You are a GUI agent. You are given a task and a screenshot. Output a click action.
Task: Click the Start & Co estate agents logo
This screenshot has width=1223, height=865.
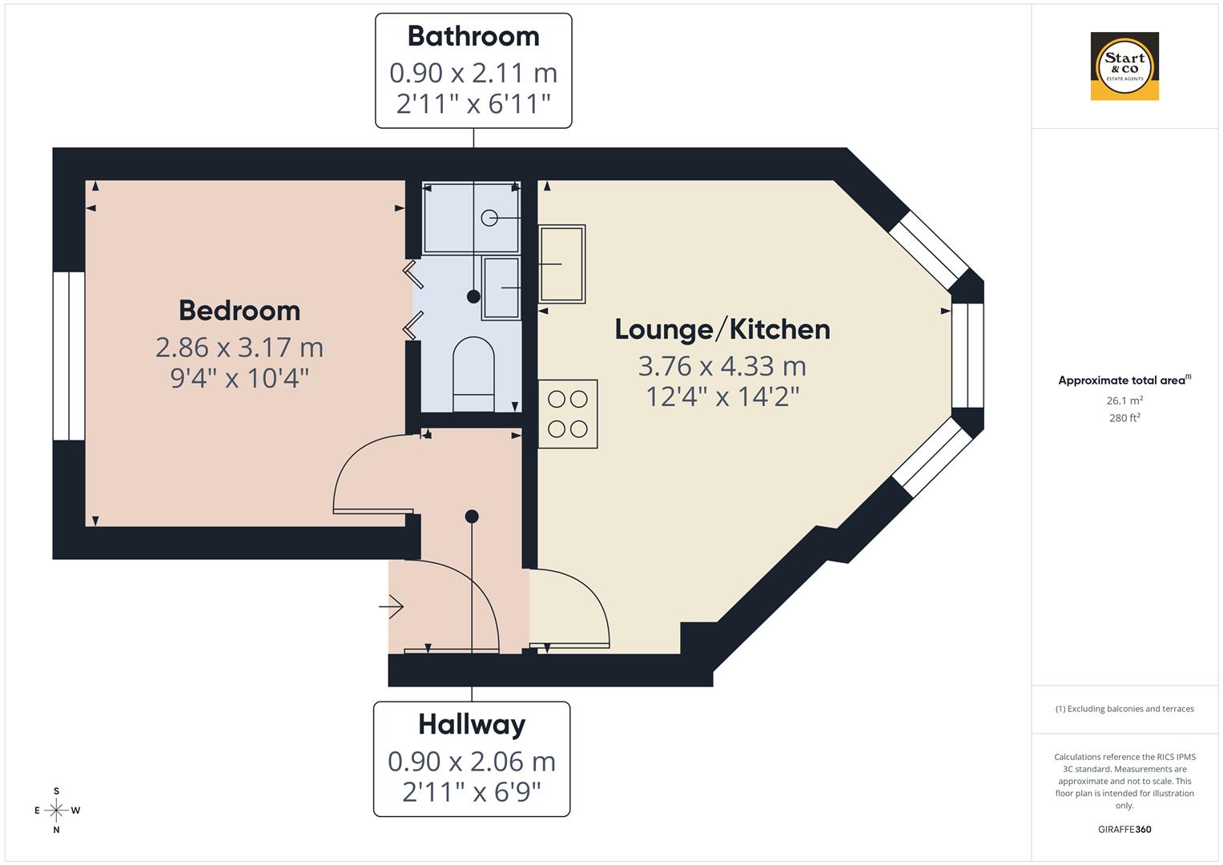[1124, 66]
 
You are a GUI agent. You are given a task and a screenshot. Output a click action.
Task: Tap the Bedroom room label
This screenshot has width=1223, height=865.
[239, 311]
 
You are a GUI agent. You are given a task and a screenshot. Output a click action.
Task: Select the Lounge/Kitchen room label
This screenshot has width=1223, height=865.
[722, 329]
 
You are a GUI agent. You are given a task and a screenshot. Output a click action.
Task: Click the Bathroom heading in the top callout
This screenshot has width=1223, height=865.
[473, 37]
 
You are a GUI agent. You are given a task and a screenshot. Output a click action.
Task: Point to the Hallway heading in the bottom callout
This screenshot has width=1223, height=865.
[472, 725]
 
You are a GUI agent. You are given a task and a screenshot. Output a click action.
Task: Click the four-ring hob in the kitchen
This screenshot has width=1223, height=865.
[568, 413]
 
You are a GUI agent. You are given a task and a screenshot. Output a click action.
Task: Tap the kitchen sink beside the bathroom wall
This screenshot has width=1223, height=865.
[562, 264]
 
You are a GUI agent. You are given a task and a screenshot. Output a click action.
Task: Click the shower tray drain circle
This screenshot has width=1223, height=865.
[489, 218]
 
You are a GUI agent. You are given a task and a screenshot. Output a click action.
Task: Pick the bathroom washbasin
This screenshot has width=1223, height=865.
[501, 288]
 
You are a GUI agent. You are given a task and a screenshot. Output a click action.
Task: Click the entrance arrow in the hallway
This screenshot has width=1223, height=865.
[392, 608]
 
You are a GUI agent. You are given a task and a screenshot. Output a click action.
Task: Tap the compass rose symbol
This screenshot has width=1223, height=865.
[56, 811]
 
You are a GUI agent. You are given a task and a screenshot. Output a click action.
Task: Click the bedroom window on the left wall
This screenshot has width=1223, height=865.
[69, 356]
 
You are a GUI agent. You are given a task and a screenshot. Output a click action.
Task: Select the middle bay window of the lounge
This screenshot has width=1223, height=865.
[967, 356]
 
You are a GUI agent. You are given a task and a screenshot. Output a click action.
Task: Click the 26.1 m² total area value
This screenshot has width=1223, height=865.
[1124, 400]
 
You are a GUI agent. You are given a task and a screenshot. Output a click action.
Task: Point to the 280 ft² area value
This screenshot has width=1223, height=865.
[1124, 418]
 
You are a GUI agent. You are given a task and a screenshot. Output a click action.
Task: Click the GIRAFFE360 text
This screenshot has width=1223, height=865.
[1124, 830]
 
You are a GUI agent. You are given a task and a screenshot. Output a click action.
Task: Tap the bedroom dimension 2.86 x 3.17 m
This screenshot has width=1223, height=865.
[239, 348]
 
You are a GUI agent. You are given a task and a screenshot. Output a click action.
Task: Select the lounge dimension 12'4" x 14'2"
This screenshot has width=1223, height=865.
[722, 396]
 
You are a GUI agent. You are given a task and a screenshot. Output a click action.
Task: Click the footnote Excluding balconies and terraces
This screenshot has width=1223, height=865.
[1124, 709]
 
